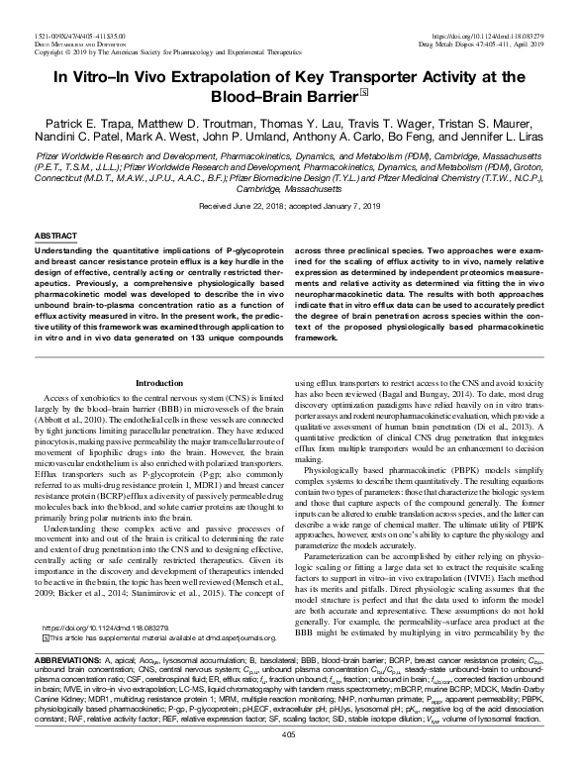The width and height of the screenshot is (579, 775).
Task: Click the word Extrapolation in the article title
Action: coord(237,77)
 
